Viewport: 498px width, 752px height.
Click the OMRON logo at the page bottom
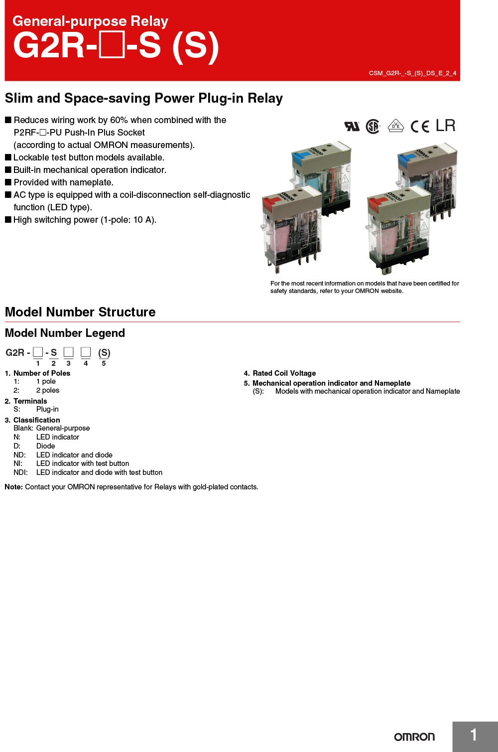point(414,737)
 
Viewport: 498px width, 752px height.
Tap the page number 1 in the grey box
point(474,735)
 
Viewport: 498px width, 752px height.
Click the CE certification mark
point(420,127)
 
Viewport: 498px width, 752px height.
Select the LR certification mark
point(445,126)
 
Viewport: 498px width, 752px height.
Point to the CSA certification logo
point(373,127)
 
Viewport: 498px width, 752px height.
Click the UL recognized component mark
point(352,126)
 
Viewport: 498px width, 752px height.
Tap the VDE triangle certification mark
point(395,126)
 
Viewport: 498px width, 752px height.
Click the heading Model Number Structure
point(80,312)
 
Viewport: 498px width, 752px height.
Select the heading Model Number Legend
point(65,333)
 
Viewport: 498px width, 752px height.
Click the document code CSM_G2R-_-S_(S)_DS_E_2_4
point(412,73)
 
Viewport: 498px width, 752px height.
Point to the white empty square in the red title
point(112,45)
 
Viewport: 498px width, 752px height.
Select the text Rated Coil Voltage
point(284,373)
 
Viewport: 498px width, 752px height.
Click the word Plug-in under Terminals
point(47,409)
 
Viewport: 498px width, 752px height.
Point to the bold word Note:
point(14,487)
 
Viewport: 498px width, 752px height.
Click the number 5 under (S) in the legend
point(104,363)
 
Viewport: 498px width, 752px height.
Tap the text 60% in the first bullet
point(119,120)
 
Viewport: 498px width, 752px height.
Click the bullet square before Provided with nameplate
point(8,182)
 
